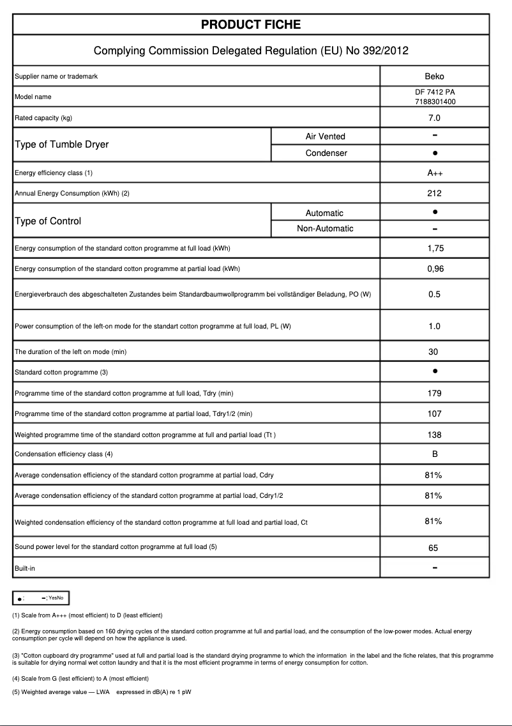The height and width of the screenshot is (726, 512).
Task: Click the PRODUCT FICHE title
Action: pos(251,25)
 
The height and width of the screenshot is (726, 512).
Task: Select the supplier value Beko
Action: pos(434,77)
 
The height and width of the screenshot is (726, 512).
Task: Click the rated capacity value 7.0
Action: pos(434,118)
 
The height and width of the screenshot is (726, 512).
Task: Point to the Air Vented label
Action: pos(325,136)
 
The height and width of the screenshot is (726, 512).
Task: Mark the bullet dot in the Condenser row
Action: pos(434,153)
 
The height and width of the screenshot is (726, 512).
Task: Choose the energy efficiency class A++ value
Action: pos(434,173)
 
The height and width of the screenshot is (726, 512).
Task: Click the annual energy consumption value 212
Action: pos(434,193)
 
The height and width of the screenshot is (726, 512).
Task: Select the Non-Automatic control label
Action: pos(325,229)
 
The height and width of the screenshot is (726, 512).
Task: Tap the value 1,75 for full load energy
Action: pos(434,249)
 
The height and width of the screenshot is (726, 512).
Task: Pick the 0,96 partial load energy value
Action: pos(434,269)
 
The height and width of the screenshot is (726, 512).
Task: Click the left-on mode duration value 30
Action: pos(434,351)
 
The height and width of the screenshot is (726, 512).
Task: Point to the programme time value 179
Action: pos(434,394)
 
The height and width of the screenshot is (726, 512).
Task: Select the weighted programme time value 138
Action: pos(434,435)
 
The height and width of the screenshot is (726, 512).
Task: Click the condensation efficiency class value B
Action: pos(434,454)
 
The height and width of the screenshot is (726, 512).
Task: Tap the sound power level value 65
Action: pos(434,548)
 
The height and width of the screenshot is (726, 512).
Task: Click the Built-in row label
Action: pos(25,568)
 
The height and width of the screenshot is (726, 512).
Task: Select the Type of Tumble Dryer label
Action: pos(61,144)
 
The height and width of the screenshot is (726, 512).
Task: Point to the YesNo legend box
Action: pos(41,598)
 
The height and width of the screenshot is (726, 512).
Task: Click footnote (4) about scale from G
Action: pos(80,678)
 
